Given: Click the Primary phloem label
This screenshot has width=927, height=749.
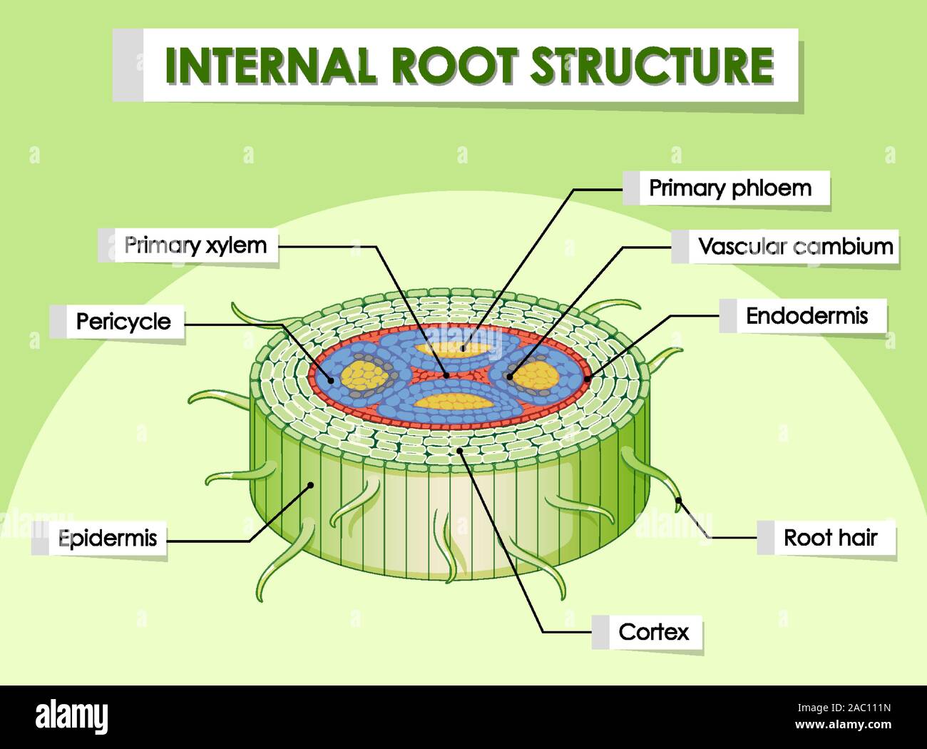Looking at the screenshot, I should click(729, 188).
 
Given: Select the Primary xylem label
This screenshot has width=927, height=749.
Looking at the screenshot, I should click(195, 245).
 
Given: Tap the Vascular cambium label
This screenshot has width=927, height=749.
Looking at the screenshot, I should click(795, 247).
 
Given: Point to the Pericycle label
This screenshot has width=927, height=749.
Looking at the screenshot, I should click(123, 322).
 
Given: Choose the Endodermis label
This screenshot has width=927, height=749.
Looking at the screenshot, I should click(806, 316).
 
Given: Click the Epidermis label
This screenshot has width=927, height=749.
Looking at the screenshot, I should click(107, 538).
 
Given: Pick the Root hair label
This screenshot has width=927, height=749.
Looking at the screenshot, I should click(830, 538).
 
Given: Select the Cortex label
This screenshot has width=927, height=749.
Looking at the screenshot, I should click(654, 632).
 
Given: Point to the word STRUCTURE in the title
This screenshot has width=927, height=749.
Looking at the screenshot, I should click(651, 66).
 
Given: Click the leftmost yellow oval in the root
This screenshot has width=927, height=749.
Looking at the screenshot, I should click(364, 375).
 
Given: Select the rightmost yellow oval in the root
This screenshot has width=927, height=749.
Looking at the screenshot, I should click(539, 375).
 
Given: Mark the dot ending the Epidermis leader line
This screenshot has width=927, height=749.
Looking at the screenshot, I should click(311, 486).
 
